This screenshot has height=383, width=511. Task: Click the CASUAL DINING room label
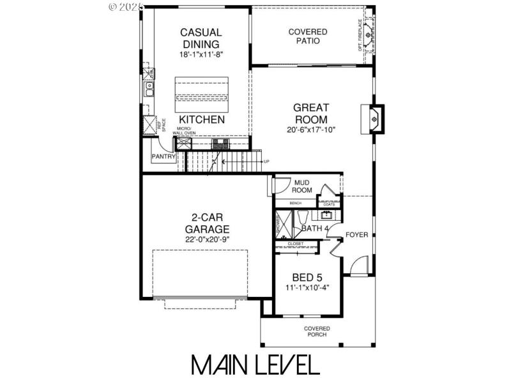pos(201,38)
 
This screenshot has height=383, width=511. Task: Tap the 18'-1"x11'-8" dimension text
pos(201,55)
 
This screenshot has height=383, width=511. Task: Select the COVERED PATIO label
pos(308,36)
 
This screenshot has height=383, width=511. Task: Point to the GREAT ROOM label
pos(311,114)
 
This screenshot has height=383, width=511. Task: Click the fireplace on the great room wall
pos(375,118)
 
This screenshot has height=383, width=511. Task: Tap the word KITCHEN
pos(201,120)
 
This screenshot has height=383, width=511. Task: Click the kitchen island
pos(201,90)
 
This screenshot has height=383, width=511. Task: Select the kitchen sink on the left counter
pos(149,87)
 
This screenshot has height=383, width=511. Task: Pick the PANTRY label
pos(164,156)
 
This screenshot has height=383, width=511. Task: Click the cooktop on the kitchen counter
pos(221,143)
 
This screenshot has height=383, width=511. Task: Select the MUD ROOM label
pos(301,186)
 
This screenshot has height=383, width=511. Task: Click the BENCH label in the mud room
pos(295,203)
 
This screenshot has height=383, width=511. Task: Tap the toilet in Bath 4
pos(303,218)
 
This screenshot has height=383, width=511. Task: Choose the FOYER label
pos(356,235)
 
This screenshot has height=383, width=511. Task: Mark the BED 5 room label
pos(307,278)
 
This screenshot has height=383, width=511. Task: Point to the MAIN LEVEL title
pos(256,364)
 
